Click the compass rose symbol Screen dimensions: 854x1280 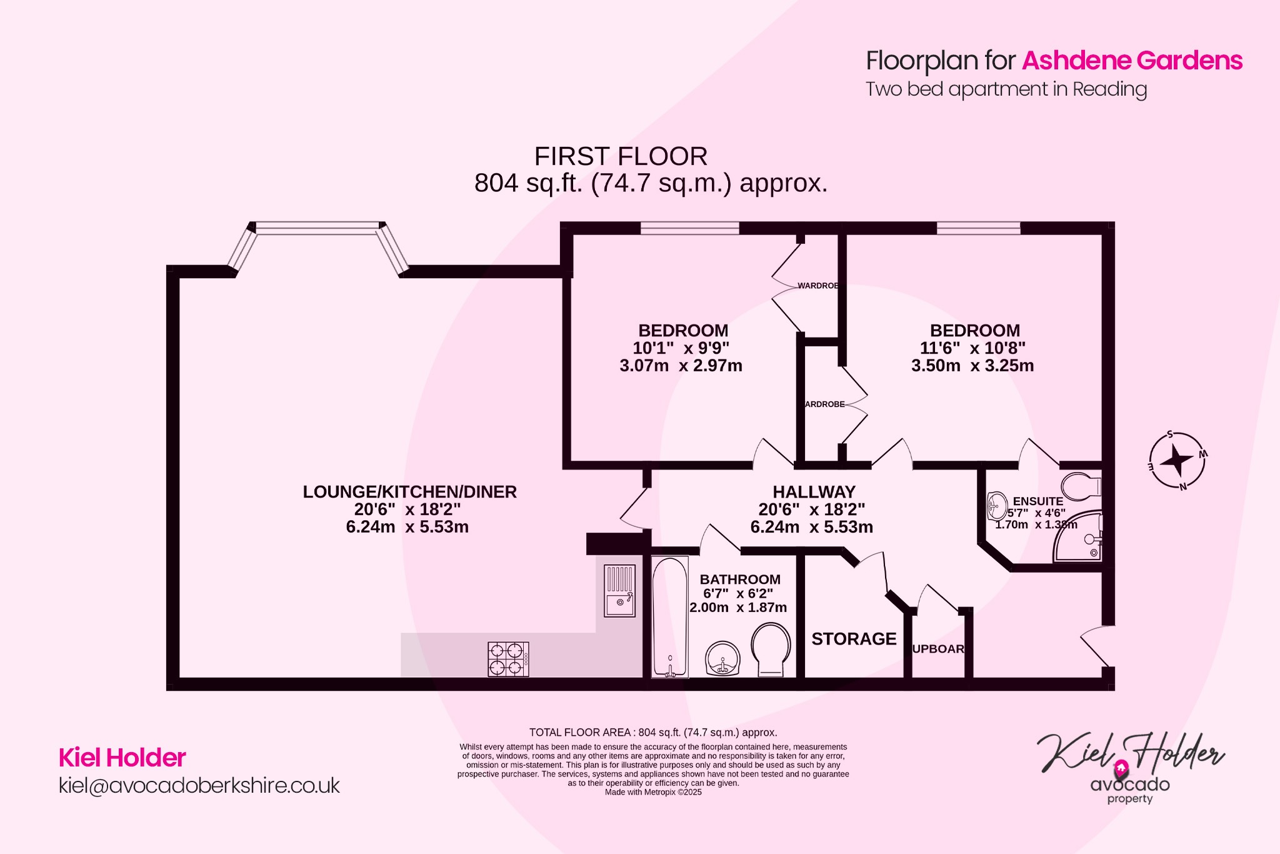[1177, 461]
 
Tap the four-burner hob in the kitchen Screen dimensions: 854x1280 [508, 659]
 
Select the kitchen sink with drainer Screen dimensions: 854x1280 [619, 591]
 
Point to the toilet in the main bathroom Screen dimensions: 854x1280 [771, 650]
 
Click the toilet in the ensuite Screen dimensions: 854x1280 [1081, 486]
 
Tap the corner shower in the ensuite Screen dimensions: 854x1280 [1079, 538]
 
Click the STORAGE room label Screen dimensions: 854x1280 [854, 639]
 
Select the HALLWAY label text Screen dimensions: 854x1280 [814, 492]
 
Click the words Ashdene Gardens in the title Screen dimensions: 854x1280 [1132, 61]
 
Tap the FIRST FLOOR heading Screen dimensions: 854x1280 [621, 156]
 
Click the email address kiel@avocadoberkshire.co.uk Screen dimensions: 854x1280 [199, 785]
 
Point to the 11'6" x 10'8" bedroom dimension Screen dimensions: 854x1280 [972, 348]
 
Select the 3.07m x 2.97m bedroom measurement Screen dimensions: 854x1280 [681, 366]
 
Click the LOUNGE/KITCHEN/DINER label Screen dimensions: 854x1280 [409, 492]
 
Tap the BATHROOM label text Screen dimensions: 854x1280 [740, 580]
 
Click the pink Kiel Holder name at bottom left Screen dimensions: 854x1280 [122, 758]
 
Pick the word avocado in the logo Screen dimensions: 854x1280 [1130, 784]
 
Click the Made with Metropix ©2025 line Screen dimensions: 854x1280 [653, 792]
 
